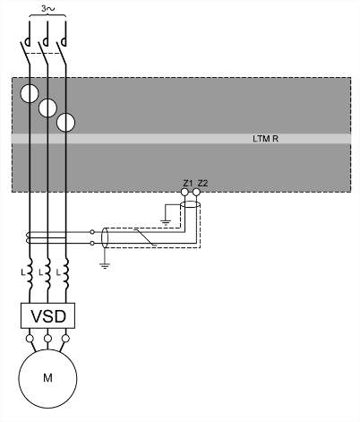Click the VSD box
tap(47, 315)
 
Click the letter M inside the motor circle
tap(47, 378)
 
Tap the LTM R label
tap(265, 139)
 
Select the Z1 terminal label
tap(188, 183)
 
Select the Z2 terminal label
tap(202, 183)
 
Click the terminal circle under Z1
tap(185, 192)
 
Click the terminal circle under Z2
tap(196, 192)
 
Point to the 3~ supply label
tap(47, 9)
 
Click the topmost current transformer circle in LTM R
tap(30, 93)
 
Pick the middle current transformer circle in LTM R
tap(47, 108)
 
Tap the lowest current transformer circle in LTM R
tap(65, 123)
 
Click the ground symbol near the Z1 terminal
tap(166, 222)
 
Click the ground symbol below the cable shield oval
tap(105, 266)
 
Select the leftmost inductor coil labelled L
tap(30, 273)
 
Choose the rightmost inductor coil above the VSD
tap(66, 273)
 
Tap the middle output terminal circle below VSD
tap(47, 339)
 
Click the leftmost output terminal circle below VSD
tap(30, 339)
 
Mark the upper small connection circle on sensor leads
tap(92, 232)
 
